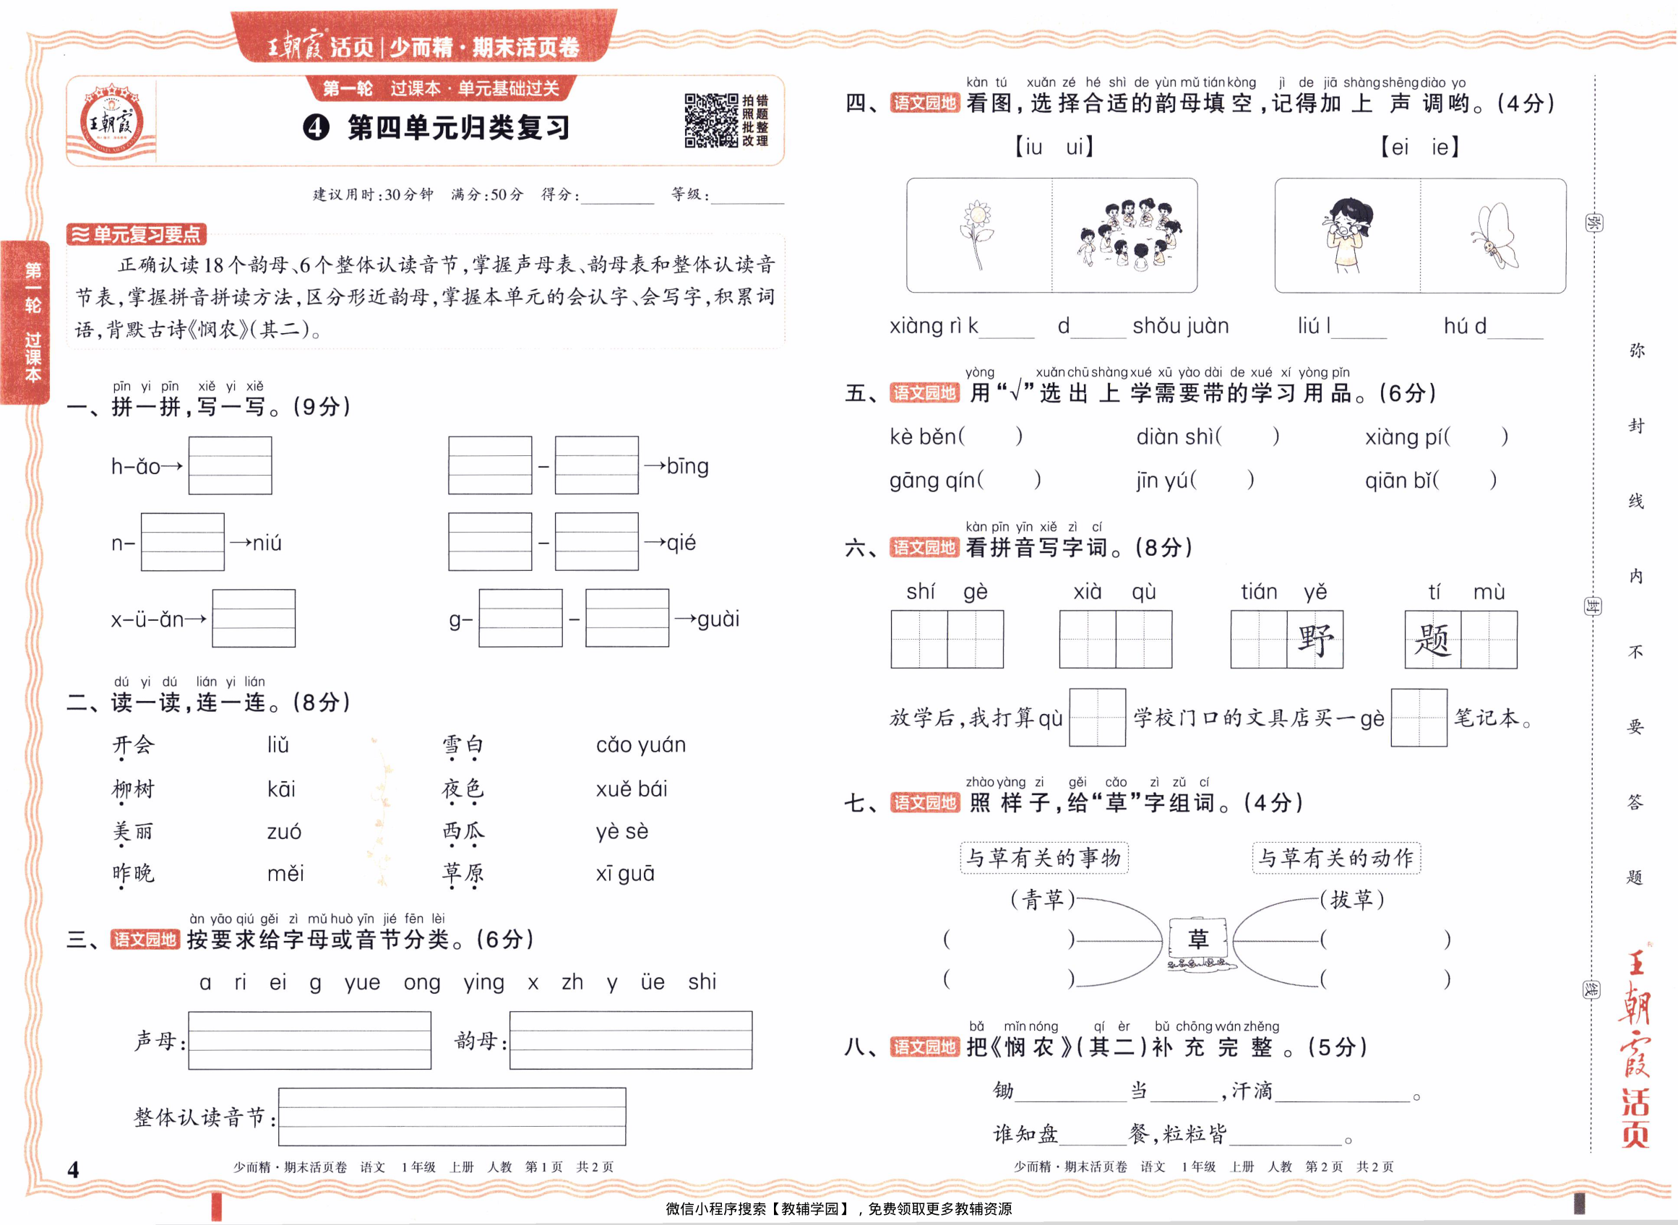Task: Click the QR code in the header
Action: tap(710, 120)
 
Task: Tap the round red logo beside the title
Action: tap(112, 121)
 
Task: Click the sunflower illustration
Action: tap(977, 234)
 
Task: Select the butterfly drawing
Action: tap(1494, 236)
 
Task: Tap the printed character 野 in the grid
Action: tap(1315, 639)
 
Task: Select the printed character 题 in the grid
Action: tap(1432, 639)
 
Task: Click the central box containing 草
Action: tap(1197, 939)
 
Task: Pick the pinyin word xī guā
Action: tap(625, 874)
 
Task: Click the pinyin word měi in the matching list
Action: tap(285, 874)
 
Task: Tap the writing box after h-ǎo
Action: tap(230, 465)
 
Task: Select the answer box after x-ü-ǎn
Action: tap(254, 619)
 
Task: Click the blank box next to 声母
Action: tap(309, 1039)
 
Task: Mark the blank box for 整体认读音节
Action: tap(452, 1116)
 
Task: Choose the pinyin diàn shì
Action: tap(1174, 437)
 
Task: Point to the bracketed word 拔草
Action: tap(1353, 900)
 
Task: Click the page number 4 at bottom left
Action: tap(73, 1169)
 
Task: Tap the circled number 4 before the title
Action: tap(316, 127)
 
